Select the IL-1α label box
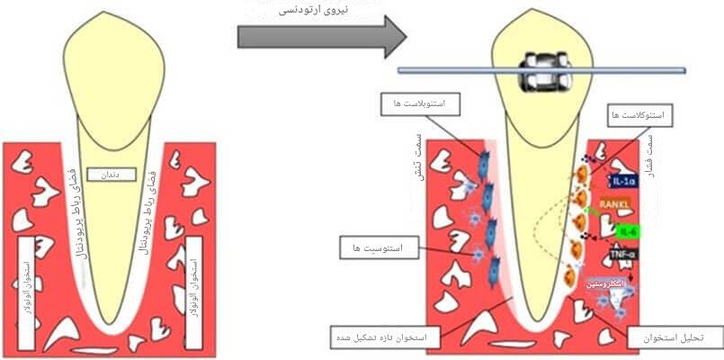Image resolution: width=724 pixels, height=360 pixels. pyautogui.click(x=623, y=181)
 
